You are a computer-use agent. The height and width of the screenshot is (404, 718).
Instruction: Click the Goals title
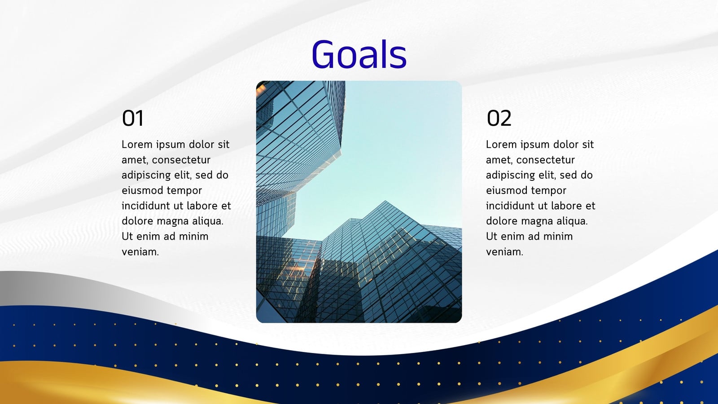tap(359, 54)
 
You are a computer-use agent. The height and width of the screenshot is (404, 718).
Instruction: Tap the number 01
tap(133, 118)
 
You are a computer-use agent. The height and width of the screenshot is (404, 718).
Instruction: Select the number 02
tap(499, 118)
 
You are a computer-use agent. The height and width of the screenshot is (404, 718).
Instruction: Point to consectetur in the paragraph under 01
tap(181, 160)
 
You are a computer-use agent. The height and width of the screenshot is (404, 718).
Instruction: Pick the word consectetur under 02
tap(546, 160)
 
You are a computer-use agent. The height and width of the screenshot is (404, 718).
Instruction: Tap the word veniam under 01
tap(140, 252)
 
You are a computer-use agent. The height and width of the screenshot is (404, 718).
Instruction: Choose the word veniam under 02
tap(504, 252)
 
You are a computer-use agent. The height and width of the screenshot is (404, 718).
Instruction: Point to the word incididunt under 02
tap(508, 206)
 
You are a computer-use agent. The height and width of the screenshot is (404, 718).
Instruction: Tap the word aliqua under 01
tap(208, 222)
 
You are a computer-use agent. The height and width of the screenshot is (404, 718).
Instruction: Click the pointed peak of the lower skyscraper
tap(385, 201)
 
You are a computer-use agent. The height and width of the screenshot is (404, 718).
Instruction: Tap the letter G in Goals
tap(324, 54)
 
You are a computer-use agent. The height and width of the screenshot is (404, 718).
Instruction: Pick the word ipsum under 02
tap(535, 145)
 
